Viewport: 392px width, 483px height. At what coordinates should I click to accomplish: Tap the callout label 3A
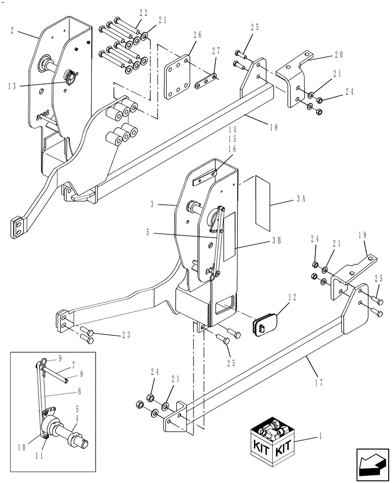click(x=301, y=198)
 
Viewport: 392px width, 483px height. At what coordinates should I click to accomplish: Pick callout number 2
click(x=12, y=30)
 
